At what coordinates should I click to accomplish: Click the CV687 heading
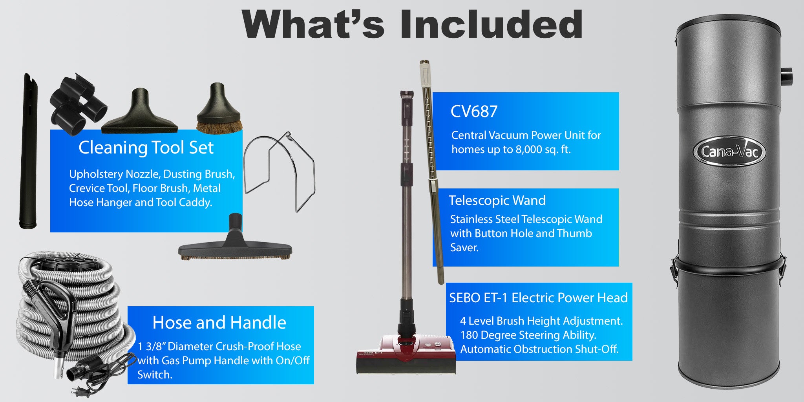[474, 111]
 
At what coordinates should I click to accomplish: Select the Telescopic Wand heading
[497, 200]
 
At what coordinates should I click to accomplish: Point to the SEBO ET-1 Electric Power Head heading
[538, 298]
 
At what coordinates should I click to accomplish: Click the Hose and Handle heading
[219, 322]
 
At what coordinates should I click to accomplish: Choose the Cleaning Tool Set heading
[146, 148]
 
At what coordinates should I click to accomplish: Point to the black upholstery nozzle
[139, 113]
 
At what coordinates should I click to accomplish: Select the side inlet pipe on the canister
[786, 77]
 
